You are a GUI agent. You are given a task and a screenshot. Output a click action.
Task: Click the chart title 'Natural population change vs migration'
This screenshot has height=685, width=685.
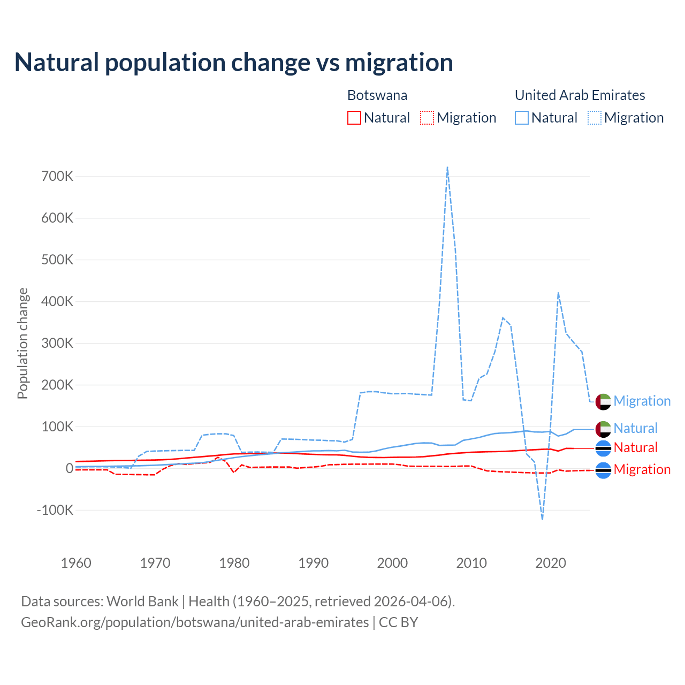(234, 63)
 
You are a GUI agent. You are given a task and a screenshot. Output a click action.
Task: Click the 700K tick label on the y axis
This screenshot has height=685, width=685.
(57, 176)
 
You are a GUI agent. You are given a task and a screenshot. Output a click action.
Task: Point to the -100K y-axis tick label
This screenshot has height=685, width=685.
(55, 510)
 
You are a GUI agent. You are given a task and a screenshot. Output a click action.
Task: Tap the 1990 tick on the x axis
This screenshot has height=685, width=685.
(314, 563)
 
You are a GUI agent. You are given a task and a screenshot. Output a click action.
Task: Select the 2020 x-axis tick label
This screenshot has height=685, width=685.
(551, 563)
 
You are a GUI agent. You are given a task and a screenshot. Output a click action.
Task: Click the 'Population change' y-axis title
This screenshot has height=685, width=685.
(22, 343)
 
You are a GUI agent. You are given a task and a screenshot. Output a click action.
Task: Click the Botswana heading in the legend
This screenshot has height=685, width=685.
(377, 95)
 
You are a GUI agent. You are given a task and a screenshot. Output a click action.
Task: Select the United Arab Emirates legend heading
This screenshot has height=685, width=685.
(580, 95)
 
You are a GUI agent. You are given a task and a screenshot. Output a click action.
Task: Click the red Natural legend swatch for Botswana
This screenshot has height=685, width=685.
(354, 118)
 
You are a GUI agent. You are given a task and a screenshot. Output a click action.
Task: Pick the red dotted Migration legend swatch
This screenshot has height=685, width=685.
(427, 118)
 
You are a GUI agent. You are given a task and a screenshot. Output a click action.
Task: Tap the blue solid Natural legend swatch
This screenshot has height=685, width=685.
(522, 118)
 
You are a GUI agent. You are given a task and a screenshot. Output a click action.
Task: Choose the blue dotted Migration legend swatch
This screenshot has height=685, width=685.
(595, 118)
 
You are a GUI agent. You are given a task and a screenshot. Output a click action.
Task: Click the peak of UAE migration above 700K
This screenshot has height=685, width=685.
(447, 168)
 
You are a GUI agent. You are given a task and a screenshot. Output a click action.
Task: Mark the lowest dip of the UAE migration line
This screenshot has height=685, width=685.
(543, 519)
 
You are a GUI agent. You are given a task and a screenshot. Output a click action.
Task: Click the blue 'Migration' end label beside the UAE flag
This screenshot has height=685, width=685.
(642, 401)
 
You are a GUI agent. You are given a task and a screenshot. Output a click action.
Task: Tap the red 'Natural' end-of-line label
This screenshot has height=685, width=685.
(635, 447)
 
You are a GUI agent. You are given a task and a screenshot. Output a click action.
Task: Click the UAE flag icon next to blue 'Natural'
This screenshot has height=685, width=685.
(603, 429)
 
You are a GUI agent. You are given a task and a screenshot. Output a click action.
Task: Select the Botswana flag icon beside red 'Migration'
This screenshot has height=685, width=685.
(603, 470)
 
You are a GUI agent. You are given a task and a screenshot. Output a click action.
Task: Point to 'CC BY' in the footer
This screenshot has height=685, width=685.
(398, 622)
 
